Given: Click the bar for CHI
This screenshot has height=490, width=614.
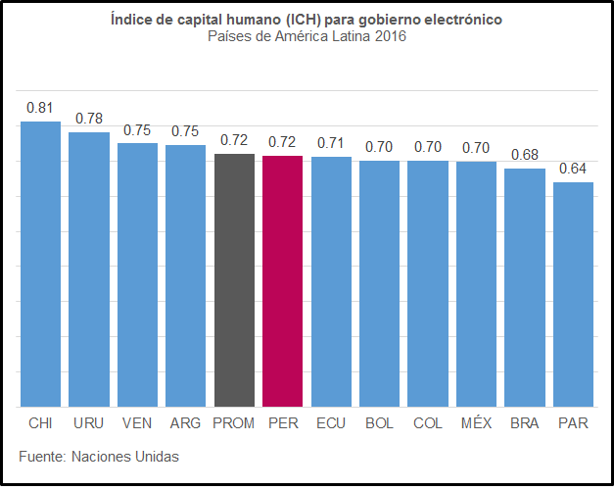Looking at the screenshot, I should tap(40, 265).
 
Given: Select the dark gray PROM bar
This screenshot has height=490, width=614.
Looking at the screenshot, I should tap(234, 280).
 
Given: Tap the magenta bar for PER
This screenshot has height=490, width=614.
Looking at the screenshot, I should tap(283, 281).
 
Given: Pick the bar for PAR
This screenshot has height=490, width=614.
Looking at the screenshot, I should tap(573, 294).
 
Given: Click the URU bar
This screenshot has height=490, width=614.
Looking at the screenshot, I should tap(89, 269).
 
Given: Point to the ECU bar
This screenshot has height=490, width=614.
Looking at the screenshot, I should tap(331, 281).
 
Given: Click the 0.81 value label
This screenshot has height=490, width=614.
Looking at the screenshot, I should tap(40, 107).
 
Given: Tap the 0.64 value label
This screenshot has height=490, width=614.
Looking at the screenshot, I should tap(573, 169).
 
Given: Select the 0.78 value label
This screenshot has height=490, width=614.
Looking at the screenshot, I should tap(89, 119).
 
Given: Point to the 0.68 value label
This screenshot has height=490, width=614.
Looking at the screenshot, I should tap(525, 155).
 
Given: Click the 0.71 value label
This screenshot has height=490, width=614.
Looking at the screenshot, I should tap(331, 142).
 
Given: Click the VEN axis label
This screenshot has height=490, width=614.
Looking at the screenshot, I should tap(137, 423).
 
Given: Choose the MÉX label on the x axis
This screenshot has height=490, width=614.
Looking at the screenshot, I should tap(477, 423).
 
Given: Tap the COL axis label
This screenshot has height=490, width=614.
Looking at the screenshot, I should tap(428, 423).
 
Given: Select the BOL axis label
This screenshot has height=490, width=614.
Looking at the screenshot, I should tap(379, 423).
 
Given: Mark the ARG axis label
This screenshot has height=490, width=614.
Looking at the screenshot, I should tap(185, 423).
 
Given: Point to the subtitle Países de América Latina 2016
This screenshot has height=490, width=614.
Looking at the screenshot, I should tap(307, 37).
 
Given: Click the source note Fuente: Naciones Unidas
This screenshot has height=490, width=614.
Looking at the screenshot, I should tap(99, 457).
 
